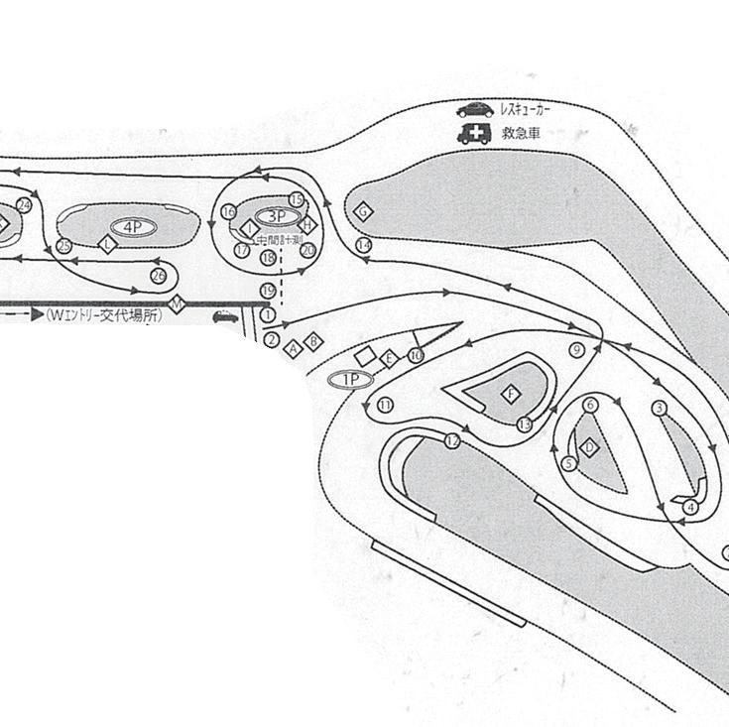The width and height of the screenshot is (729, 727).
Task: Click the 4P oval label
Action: pyautogui.click(x=133, y=227)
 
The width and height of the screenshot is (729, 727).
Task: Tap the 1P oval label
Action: pyautogui.click(x=350, y=379)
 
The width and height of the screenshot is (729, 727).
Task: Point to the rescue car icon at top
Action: pyautogui.click(x=475, y=110)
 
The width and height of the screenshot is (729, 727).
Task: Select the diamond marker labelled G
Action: pyautogui.click(x=364, y=211)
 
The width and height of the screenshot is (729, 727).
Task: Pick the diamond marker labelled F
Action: pyautogui.click(x=512, y=394)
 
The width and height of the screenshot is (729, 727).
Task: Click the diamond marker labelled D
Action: pyautogui.click(x=590, y=447)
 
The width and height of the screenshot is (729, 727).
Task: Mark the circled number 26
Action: pyautogui.click(x=158, y=275)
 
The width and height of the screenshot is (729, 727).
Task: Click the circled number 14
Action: pyautogui.click(x=364, y=244)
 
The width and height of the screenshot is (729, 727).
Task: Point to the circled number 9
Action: pyautogui.click(x=575, y=349)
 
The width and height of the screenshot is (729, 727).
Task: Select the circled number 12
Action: pyautogui.click(x=452, y=440)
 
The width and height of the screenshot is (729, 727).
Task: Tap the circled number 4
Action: pyautogui.click(x=690, y=507)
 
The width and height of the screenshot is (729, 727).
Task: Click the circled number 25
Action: pyautogui.click(x=64, y=246)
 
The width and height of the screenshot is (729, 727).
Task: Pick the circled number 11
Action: pyautogui.click(x=385, y=405)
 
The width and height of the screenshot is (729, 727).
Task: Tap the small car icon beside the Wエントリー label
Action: pyautogui.click(x=225, y=317)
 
